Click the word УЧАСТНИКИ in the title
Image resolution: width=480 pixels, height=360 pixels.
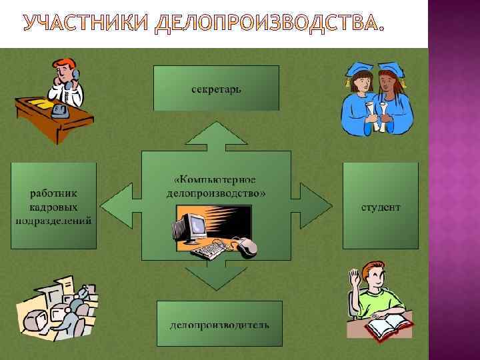point(87,24)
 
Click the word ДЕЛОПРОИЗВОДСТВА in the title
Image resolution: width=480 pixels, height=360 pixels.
point(269,24)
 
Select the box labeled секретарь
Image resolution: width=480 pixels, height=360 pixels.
point(216,88)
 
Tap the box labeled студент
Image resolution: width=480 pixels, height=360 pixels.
point(381,206)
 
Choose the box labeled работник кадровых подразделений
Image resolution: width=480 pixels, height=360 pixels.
point(53,206)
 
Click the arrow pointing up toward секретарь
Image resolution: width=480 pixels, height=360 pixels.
point(216,133)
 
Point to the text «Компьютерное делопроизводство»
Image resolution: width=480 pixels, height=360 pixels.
point(216,187)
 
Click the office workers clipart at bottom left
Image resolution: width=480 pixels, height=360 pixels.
point(57,307)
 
